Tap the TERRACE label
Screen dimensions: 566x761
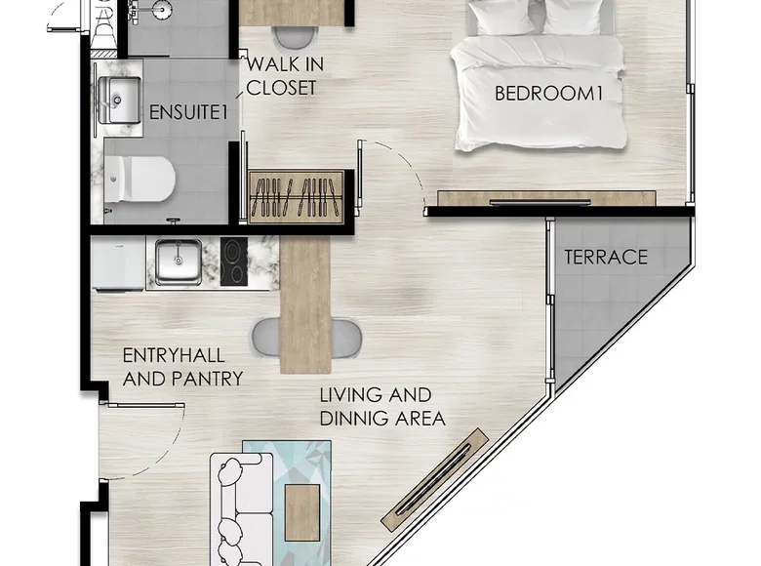606,258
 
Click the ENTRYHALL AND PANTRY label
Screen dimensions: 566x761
182,367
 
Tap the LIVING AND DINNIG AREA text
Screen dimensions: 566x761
382,407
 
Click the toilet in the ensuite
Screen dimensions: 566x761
140,180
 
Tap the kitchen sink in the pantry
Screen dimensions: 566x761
179,262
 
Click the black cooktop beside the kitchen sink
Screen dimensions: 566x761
234,262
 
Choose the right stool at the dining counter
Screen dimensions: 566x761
344,337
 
